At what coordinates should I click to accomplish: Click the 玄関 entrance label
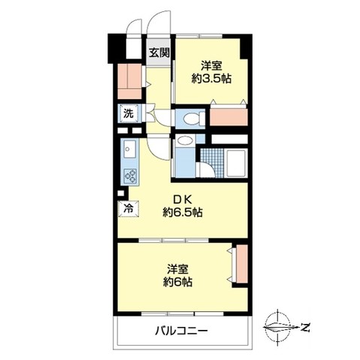[159, 53]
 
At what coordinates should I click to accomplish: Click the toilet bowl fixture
[191, 118]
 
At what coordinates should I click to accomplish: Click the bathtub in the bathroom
[234, 162]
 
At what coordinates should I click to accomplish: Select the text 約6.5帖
[183, 213]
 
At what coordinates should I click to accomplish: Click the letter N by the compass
[306, 328]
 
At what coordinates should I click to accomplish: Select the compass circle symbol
[279, 328]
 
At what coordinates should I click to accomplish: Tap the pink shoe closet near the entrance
[130, 78]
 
